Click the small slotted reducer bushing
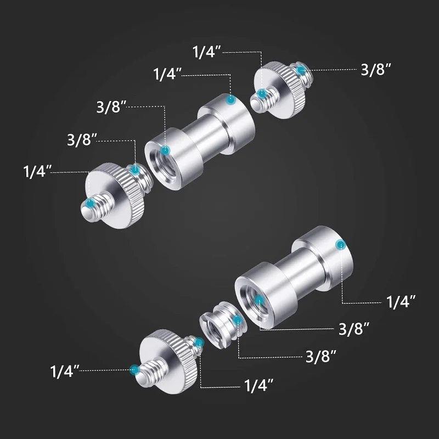223,324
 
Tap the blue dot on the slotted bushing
237,320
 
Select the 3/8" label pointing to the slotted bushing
320,356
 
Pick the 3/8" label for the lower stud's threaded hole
354,329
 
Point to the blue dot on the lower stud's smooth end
341,245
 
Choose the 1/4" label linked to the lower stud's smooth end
401,302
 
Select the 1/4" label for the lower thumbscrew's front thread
65,371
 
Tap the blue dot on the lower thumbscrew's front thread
134,369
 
